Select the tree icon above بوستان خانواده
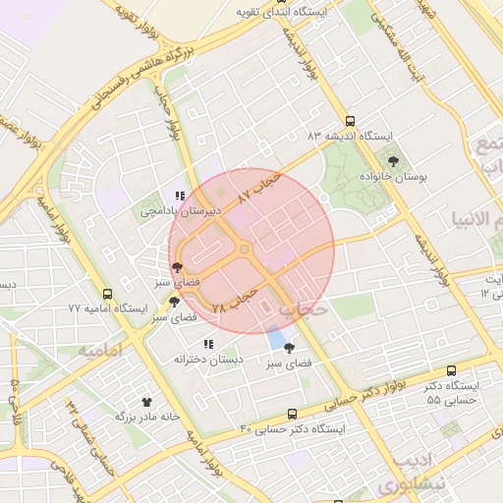[393, 160]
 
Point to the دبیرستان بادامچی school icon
[180, 196]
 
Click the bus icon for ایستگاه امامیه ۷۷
[107, 293]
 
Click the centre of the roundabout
[244, 250]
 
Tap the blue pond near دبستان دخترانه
[277, 340]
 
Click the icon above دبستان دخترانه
[208, 345]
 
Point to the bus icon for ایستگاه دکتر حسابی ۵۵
[451, 370]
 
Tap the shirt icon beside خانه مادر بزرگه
[147, 401]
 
